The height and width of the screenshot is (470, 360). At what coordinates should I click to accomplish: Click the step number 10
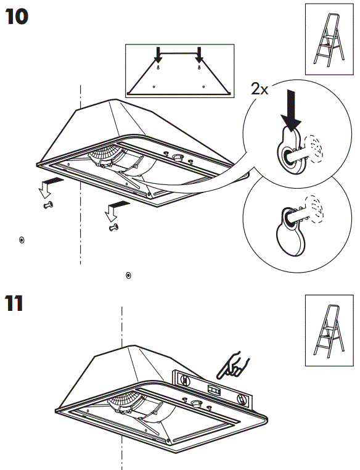pos(17,17)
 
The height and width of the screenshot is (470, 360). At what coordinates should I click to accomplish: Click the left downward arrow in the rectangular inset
pos(158,56)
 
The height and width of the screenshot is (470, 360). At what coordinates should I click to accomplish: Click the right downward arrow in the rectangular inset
pos(198,56)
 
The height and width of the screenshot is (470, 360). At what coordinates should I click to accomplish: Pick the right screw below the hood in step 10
pos(112,228)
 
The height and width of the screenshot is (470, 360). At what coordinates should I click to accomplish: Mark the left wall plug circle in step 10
pos(22,239)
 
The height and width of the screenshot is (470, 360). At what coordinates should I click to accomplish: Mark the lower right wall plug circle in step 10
pos(128,274)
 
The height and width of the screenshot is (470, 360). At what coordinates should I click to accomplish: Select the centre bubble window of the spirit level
pos(213,390)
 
